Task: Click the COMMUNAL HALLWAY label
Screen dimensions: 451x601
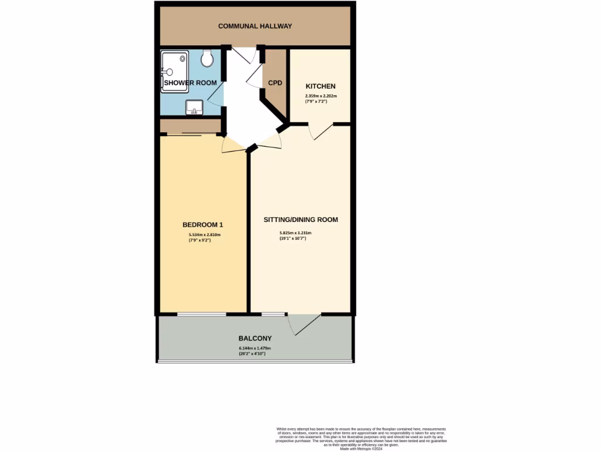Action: pyautogui.click(x=255, y=26)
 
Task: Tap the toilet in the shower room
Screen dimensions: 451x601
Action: pyautogui.click(x=207, y=58)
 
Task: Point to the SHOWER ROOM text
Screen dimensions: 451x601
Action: pyautogui.click(x=190, y=83)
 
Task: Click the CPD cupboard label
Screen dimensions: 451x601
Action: pyautogui.click(x=275, y=83)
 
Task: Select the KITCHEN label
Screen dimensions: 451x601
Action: pyautogui.click(x=320, y=86)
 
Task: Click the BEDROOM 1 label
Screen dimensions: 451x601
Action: pyautogui.click(x=202, y=225)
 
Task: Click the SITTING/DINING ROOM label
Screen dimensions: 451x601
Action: pyautogui.click(x=300, y=220)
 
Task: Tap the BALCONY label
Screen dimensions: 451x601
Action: pyautogui.click(x=255, y=338)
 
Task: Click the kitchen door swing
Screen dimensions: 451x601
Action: pyautogui.click(x=320, y=132)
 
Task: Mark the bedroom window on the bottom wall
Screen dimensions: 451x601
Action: pyautogui.click(x=201, y=314)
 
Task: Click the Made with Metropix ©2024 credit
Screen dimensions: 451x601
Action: pyautogui.click(x=361, y=448)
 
